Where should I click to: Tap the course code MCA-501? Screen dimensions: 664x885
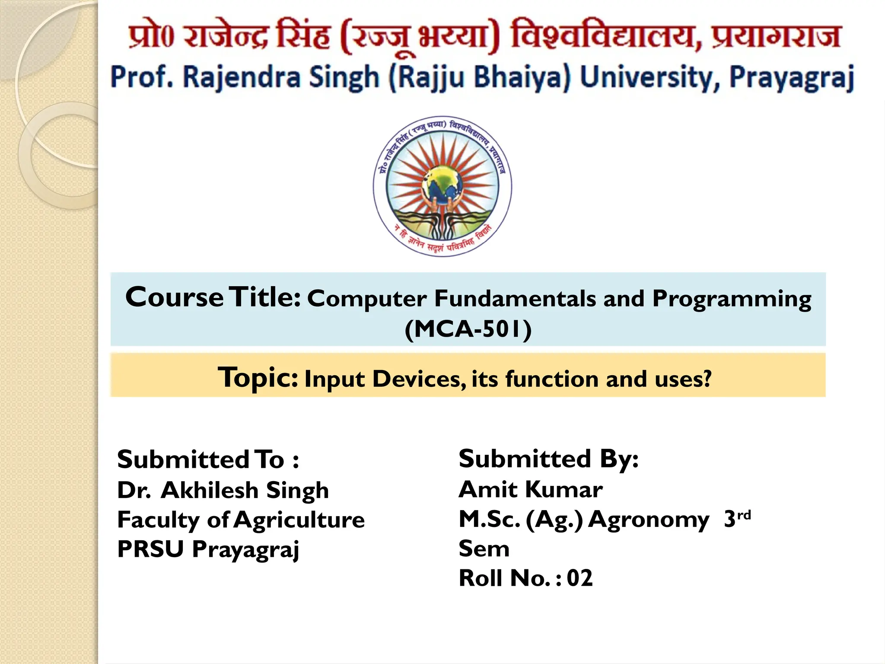pos(468,329)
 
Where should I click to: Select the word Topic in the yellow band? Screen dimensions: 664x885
pos(258,377)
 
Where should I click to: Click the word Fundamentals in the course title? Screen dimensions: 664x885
pos(515,299)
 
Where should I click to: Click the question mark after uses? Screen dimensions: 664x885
pos(707,379)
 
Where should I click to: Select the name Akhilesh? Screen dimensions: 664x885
pos(209,490)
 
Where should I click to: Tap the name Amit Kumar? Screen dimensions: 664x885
pos(531,489)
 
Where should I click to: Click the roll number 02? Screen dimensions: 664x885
pos(580,578)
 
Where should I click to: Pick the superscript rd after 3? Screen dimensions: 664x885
pos(744,515)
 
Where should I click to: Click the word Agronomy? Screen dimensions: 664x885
pos(648,520)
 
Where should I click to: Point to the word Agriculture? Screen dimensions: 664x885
pos(299,520)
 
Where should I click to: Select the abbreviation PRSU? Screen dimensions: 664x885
pos(150,549)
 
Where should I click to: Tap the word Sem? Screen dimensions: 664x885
pos(484,549)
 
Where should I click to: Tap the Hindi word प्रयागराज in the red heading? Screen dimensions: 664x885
pos(777,36)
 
